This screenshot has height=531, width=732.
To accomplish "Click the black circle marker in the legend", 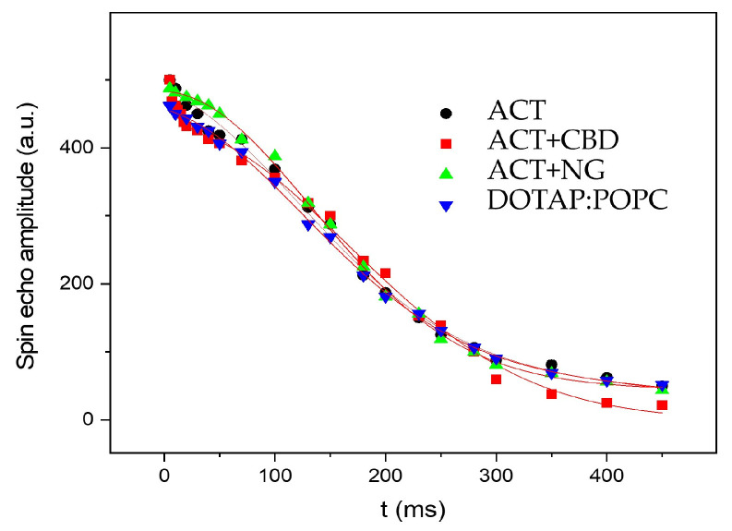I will [x=447, y=114].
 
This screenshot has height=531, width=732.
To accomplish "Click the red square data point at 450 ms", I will [x=662, y=405].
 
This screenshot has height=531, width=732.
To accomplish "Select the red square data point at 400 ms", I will [x=606, y=403].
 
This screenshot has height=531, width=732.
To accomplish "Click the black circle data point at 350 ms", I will [x=551, y=365].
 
